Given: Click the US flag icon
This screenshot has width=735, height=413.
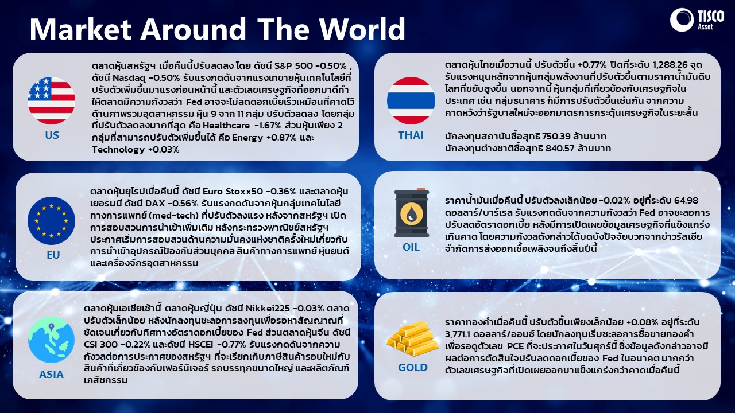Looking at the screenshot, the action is (52, 100).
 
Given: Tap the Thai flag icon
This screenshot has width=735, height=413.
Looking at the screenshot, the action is (411, 100).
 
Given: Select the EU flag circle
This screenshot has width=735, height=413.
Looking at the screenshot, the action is (52, 221).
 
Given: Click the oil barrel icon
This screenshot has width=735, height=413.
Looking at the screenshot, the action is (412, 213).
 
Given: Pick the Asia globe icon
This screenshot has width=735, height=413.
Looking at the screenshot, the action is (52, 339).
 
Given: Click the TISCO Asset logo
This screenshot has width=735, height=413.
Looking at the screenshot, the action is (697, 20).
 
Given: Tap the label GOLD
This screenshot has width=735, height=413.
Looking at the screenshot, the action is (412, 368).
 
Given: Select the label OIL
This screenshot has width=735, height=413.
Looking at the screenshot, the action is (411, 247).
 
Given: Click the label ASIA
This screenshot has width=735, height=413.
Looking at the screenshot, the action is (52, 375).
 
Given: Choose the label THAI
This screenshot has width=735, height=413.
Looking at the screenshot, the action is (411, 135).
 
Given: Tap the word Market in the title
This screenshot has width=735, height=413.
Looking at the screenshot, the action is (81, 29).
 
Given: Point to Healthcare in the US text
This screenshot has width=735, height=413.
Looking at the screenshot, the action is (226, 126).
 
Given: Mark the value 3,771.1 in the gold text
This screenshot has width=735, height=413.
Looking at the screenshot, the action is (457, 334).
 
